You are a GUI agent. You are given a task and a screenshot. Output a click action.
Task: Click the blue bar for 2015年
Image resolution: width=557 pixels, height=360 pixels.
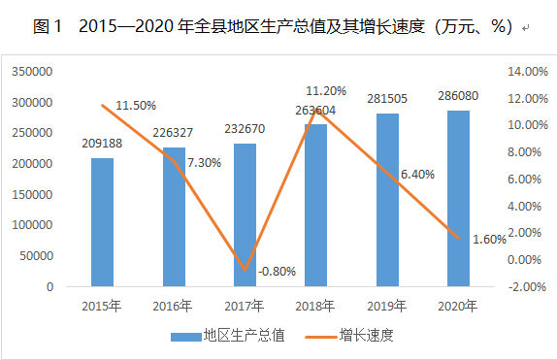click(x=102, y=222)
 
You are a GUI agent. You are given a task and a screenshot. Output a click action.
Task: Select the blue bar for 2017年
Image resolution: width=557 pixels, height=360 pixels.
click(x=245, y=215)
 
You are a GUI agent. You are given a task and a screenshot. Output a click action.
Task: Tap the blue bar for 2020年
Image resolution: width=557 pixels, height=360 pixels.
click(x=458, y=198)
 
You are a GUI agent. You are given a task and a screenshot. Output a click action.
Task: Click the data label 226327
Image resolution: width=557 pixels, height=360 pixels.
click(x=173, y=133)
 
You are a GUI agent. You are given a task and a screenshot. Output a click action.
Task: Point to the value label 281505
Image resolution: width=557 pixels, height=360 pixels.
click(x=387, y=98)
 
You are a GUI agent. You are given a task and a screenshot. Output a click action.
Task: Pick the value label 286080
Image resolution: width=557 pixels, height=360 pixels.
click(x=458, y=96)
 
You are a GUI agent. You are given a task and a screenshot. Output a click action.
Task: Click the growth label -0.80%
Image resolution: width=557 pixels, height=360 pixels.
click(x=278, y=272)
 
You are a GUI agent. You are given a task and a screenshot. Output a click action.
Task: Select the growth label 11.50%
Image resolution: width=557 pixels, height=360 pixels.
click(x=136, y=106)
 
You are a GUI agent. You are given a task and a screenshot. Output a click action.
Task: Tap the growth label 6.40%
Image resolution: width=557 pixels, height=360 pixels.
click(x=417, y=175)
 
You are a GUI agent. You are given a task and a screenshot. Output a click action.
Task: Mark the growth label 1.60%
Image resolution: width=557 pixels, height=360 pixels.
click(x=489, y=240)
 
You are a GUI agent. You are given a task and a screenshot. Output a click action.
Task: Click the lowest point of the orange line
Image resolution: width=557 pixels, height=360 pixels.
click(x=245, y=270)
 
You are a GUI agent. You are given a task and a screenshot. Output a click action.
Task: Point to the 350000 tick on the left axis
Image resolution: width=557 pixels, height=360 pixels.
click(x=32, y=72)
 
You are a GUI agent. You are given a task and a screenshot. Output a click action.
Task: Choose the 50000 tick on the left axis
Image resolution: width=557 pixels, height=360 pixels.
click(x=36, y=256)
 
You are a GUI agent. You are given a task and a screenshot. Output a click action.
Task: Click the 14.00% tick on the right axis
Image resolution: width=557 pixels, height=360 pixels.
click(x=528, y=72)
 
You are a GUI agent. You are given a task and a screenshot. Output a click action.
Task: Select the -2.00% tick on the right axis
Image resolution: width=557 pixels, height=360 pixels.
click(x=527, y=287)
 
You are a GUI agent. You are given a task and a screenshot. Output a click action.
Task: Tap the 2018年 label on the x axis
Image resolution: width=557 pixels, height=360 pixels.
click(x=315, y=306)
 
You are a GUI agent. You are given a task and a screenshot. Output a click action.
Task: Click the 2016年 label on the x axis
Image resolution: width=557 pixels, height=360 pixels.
click(x=173, y=306)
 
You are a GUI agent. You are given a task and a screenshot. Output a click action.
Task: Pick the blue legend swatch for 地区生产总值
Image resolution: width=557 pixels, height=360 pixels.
click(x=186, y=337)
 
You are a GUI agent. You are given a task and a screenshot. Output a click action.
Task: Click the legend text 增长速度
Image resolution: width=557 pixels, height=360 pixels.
click(x=367, y=335)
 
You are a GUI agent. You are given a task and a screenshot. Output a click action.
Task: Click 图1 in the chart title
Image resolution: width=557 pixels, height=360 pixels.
click(x=48, y=26)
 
